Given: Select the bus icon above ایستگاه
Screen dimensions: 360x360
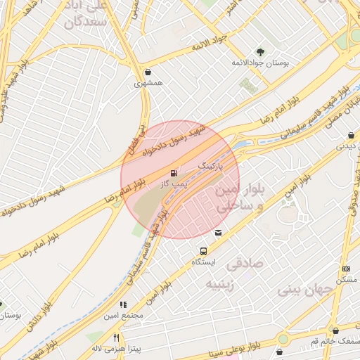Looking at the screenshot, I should click(x=204, y=251).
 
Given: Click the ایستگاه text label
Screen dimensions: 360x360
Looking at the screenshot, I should click(x=204, y=262).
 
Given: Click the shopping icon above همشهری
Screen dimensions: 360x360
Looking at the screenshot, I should click(x=148, y=72).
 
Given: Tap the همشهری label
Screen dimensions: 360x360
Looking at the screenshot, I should click(x=148, y=82).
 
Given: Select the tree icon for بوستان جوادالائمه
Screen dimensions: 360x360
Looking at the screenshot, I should click(x=260, y=51).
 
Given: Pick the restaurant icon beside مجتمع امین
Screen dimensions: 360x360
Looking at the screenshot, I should click(x=123, y=305).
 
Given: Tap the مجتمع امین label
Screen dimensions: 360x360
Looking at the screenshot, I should click(x=124, y=316).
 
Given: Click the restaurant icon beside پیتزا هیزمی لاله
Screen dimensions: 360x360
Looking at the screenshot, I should click(x=116, y=337).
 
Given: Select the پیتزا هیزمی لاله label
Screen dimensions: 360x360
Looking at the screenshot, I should click(x=116, y=348).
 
